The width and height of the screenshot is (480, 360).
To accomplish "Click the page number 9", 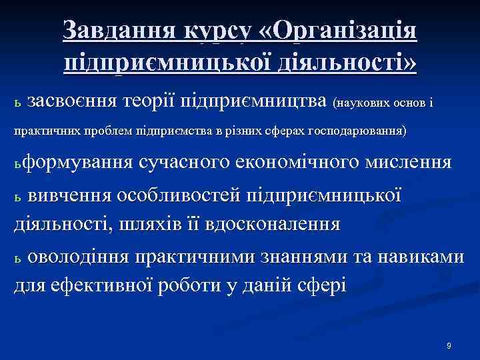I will [449, 346].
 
